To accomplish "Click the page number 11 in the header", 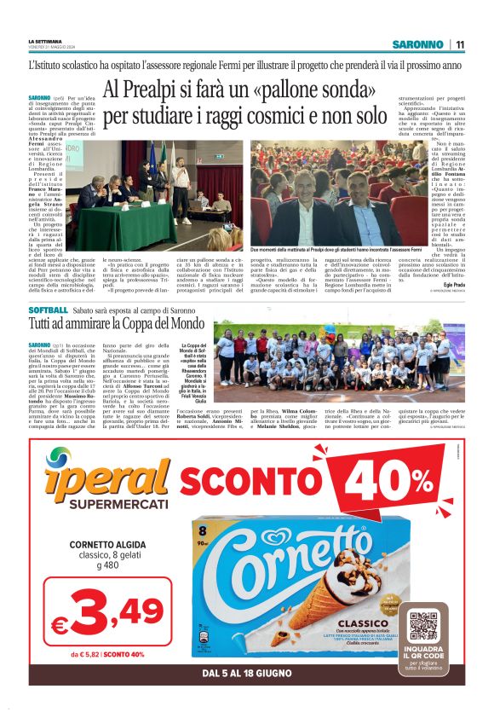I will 459,44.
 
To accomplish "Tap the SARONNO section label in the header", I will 417,44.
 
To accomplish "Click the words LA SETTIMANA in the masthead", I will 43,40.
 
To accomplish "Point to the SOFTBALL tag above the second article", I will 48,310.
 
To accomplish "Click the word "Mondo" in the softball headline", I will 182,325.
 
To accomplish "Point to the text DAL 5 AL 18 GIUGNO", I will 248,673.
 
